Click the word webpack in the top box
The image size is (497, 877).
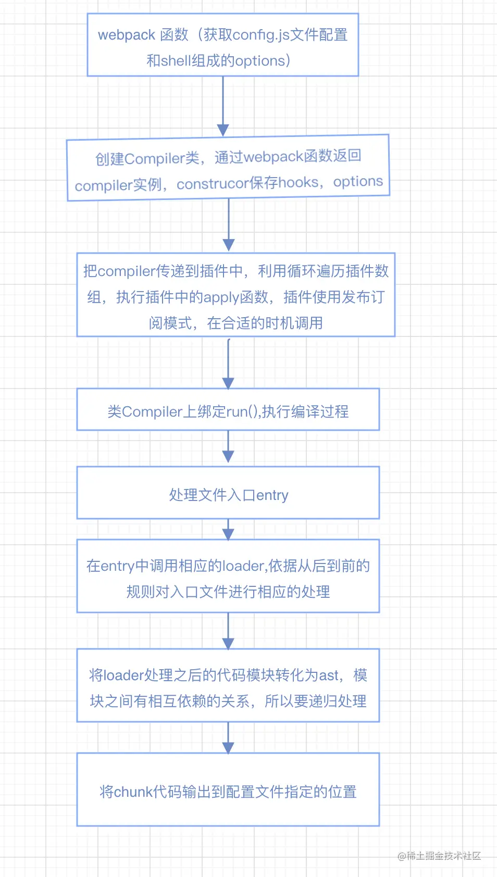pyautogui.click(x=126, y=35)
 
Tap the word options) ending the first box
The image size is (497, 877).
pyautogui.click(x=262, y=61)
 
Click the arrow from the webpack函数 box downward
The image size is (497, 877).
pyautogui.click(x=223, y=107)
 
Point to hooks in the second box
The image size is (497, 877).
pyautogui.click(x=298, y=182)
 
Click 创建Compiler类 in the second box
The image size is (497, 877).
pyautogui.click(x=147, y=158)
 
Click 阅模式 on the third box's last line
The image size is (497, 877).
pyautogui.click(x=170, y=323)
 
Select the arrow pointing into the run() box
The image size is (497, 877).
pyautogui.click(x=228, y=365)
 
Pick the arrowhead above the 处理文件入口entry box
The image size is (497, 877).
pyautogui.click(x=228, y=456)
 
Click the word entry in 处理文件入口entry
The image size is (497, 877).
pyautogui.click(x=272, y=495)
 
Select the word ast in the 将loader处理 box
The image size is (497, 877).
pyautogui.click(x=329, y=675)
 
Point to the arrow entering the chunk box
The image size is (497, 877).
pyautogui.click(x=228, y=740)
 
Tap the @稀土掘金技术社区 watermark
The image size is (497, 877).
pyautogui.click(x=439, y=856)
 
